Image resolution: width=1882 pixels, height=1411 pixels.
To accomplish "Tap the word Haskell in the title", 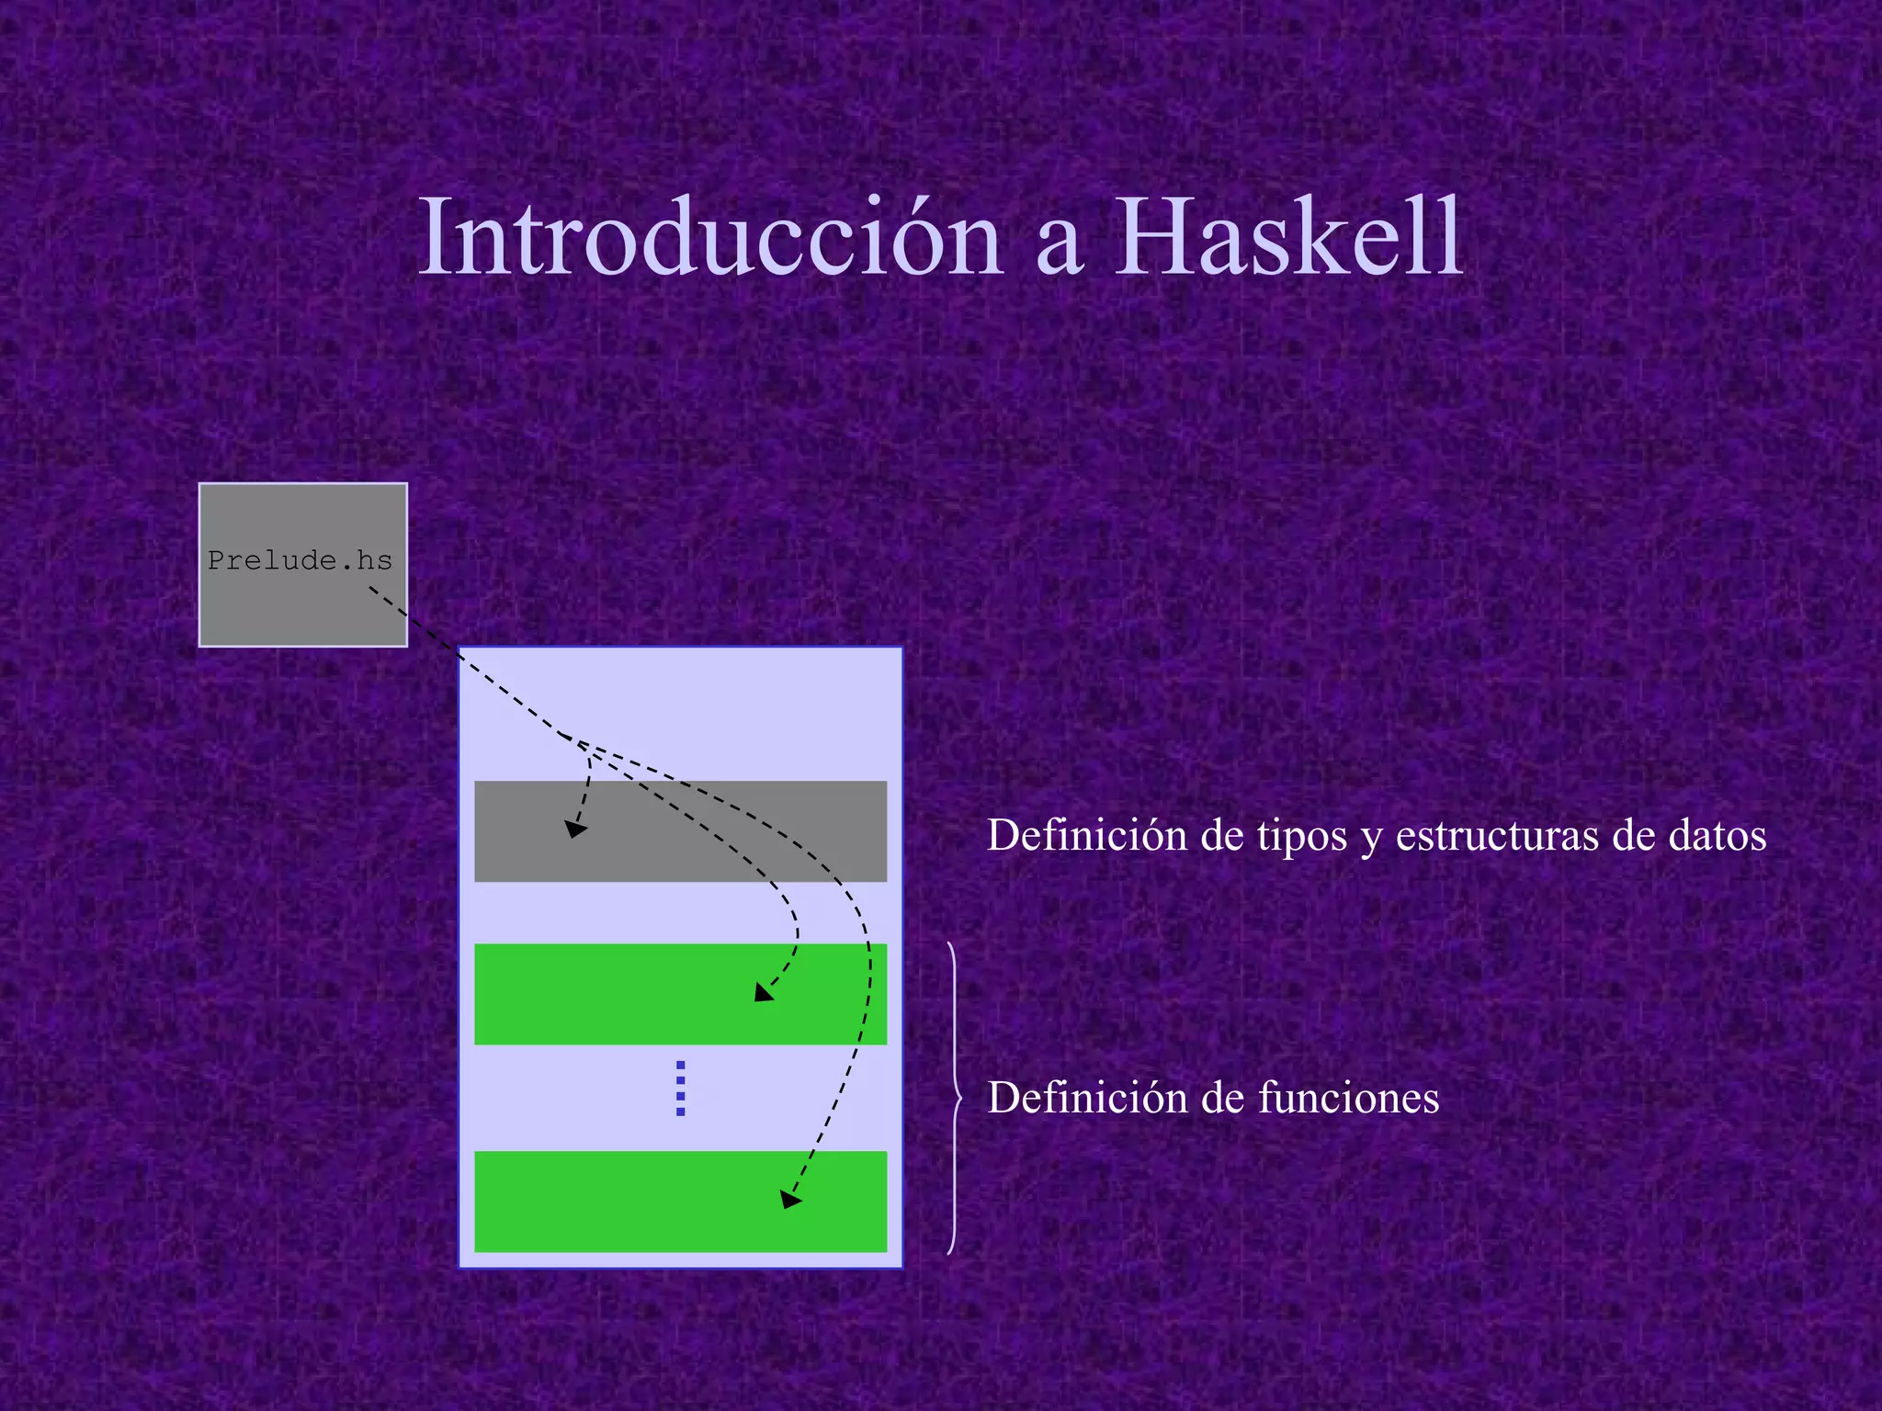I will (x=1288, y=239).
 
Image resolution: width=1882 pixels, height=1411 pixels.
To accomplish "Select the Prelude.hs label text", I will (x=300, y=560).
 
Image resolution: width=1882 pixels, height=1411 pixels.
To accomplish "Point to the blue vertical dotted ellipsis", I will (x=680, y=1089).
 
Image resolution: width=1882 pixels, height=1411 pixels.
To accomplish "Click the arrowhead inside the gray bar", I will (x=574, y=829).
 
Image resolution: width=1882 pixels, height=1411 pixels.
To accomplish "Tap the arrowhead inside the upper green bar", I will (x=763, y=992).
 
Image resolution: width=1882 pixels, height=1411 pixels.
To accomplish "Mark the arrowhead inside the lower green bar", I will (x=789, y=1199).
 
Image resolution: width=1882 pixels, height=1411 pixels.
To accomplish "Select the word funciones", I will (x=1348, y=1098).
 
